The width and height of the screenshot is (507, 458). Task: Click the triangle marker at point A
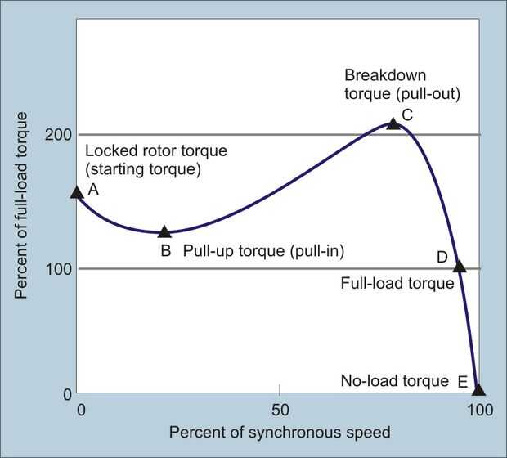pos(77,192)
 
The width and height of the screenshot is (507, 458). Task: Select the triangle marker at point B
pos(164,232)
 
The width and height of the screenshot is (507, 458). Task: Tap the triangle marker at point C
pos(393,123)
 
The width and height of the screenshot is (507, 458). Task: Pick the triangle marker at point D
pos(460,266)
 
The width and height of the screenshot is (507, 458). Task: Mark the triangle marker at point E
pos(478,389)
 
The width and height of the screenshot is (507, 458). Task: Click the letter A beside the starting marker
pos(93,189)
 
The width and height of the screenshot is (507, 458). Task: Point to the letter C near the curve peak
pos(407,114)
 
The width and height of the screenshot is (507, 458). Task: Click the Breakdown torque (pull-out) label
pos(402,83)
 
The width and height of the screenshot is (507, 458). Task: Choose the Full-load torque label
pos(396,284)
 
